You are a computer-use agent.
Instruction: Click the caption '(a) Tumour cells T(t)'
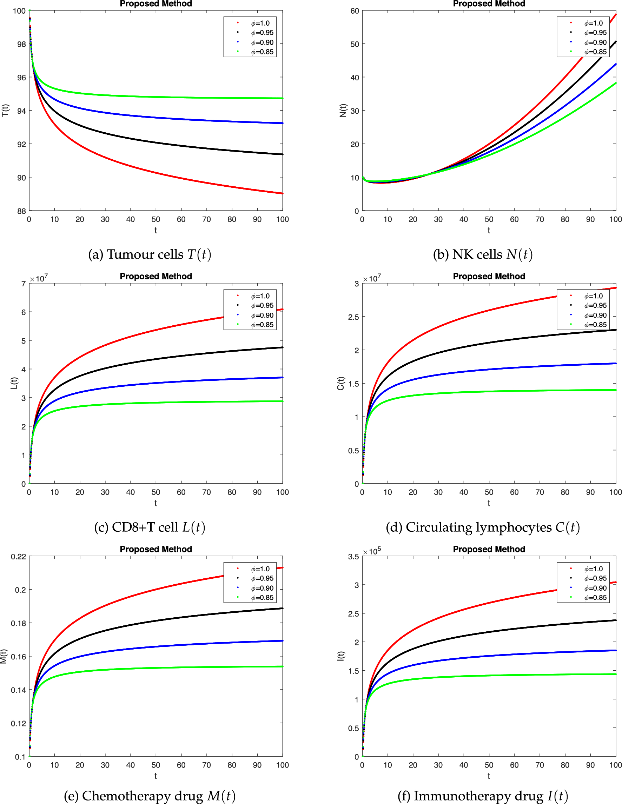coord(150,254)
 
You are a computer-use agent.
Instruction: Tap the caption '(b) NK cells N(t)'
coord(482,254)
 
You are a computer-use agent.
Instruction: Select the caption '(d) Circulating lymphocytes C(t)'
coord(482,527)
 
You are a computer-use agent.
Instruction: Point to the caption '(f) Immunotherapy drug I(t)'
coord(482,796)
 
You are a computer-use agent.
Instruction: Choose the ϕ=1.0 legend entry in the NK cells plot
coord(593,23)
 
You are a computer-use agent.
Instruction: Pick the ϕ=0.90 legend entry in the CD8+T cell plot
coord(262,315)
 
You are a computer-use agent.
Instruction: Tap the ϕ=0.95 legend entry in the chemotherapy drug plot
coord(262,578)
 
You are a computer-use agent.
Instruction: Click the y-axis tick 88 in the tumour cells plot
coord(21,211)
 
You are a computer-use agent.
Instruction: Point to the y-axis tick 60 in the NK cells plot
coord(354,11)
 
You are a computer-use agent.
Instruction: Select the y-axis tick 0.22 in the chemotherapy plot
coord(18,557)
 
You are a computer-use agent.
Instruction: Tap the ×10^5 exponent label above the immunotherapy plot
coord(372,551)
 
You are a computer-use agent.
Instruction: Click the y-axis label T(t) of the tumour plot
coord(5,111)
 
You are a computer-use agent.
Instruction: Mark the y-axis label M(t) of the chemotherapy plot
coord(4,656)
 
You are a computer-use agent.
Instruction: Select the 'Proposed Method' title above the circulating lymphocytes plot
coord(489,277)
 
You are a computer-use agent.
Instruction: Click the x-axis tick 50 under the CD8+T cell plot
coord(156,492)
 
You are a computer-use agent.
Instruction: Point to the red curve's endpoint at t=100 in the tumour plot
coord(282,193)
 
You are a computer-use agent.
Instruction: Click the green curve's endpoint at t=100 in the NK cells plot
coord(615,83)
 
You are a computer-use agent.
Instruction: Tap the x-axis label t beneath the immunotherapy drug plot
coord(489,776)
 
